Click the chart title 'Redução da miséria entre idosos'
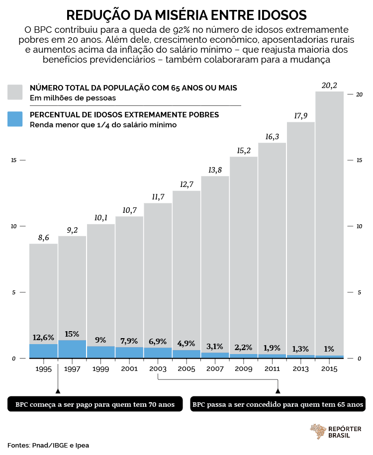186,14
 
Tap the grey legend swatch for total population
15,92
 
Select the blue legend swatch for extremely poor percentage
15,119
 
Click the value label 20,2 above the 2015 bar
329,86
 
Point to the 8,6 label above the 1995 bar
43,238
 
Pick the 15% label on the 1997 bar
72,334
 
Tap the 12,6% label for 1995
43,338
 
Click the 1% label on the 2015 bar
329,349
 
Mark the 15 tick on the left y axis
14,160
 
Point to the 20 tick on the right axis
360,94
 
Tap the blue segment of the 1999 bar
100,352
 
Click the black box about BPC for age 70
95,404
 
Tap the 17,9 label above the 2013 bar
301,116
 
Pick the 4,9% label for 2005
186,344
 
